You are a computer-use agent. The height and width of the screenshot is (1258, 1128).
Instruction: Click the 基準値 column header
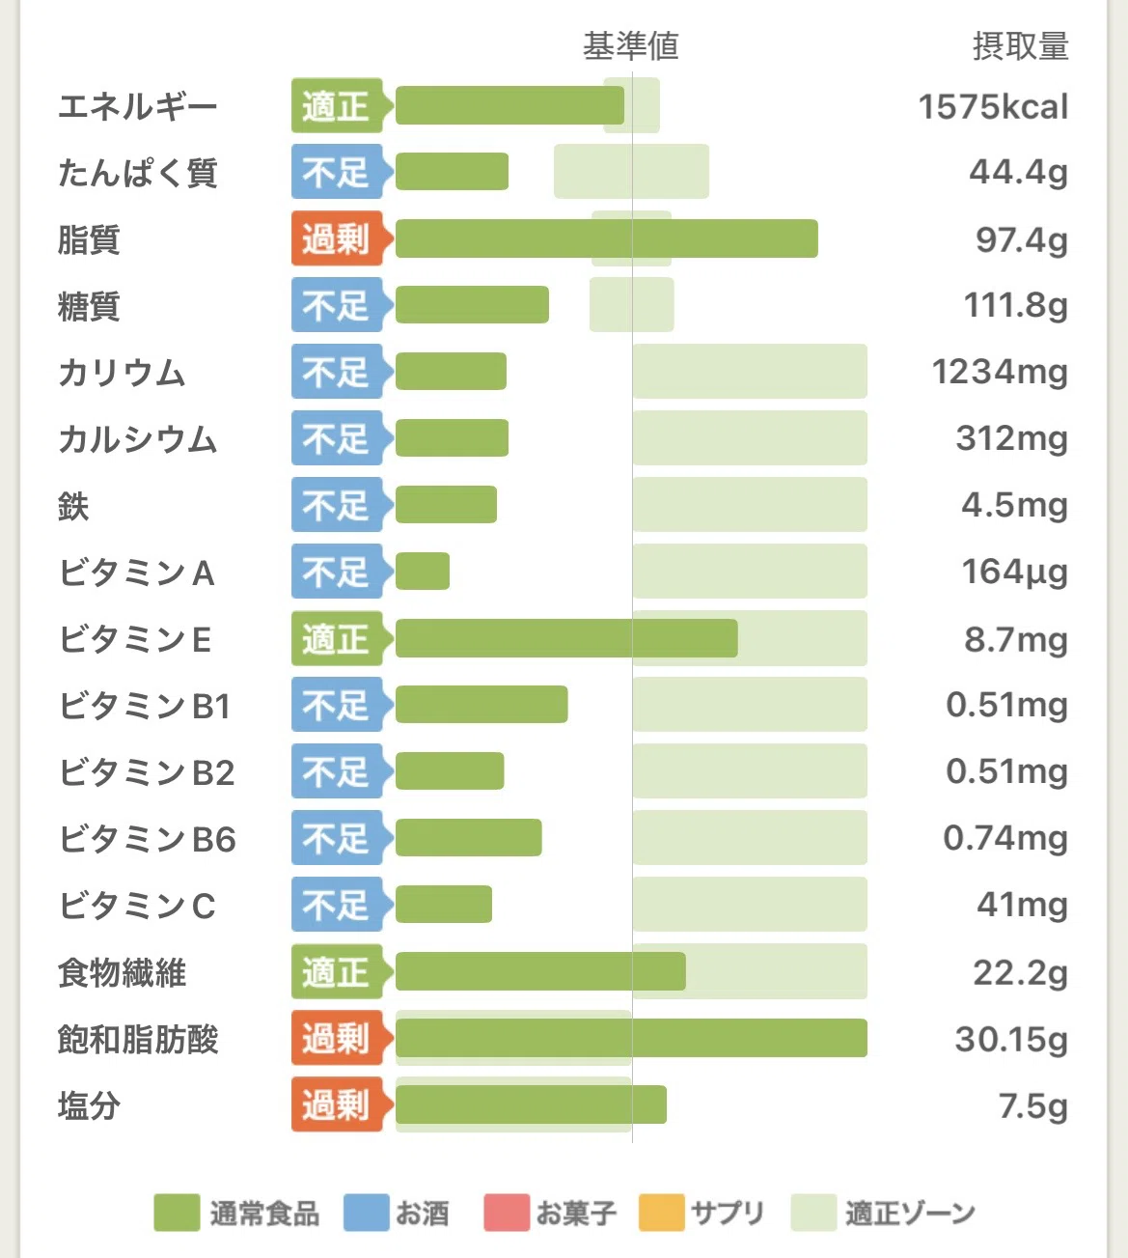[x=631, y=46]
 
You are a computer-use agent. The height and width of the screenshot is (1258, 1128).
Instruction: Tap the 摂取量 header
[x=1021, y=46]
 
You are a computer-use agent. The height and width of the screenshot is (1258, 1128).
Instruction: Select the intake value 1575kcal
[x=993, y=106]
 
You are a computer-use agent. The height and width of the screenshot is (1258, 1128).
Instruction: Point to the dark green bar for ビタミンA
[x=422, y=572]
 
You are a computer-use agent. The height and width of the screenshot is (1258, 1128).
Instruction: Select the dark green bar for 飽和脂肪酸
[x=631, y=1038]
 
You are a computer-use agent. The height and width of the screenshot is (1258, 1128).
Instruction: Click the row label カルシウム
[x=138, y=439]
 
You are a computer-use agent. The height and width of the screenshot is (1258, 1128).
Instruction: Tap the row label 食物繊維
[x=122, y=972]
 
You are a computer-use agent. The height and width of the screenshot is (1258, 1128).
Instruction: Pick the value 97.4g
[x=1022, y=240]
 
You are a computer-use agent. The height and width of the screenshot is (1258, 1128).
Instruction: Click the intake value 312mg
[x=1012, y=439]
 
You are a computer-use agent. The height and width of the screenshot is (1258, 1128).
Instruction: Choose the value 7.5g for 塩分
[x=1033, y=1106]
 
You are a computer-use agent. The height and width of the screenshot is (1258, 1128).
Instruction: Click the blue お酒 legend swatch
[x=367, y=1212]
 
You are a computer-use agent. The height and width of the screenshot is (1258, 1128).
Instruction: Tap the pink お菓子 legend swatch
[x=507, y=1212]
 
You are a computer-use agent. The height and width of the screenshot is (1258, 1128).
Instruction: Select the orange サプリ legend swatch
[x=662, y=1212]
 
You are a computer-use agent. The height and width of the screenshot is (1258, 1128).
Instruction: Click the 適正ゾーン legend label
[x=910, y=1213]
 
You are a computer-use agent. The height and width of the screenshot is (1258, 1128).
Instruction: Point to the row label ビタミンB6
[x=147, y=839]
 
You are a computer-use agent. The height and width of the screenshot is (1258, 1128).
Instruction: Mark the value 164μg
[x=1015, y=572]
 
